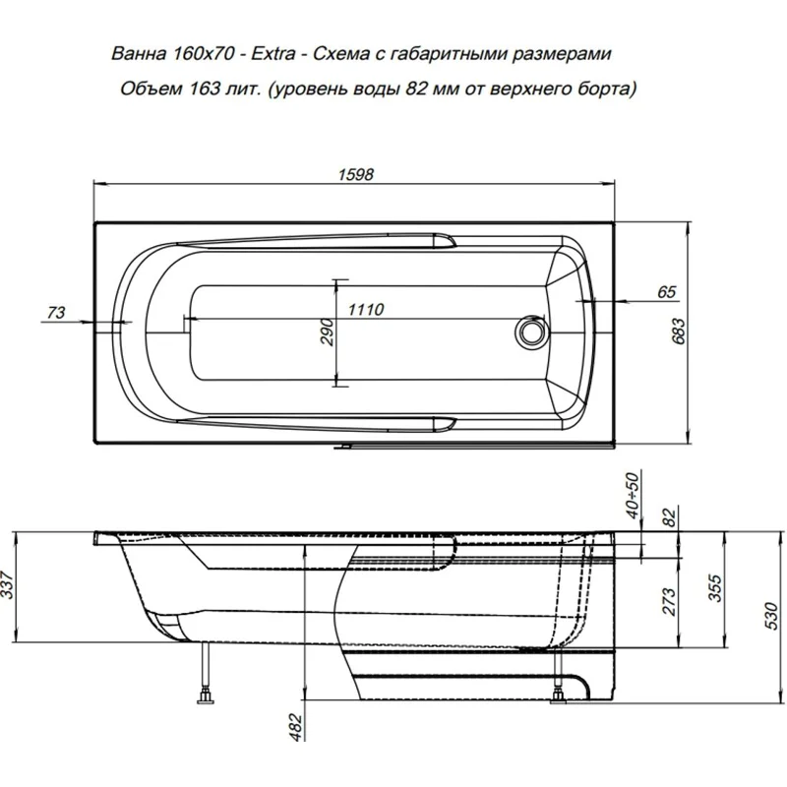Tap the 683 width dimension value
tap(677, 334)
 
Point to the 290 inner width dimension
tap(329, 333)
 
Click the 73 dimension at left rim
tap(57, 312)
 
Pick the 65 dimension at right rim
tap(666, 291)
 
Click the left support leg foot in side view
tap(208, 697)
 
